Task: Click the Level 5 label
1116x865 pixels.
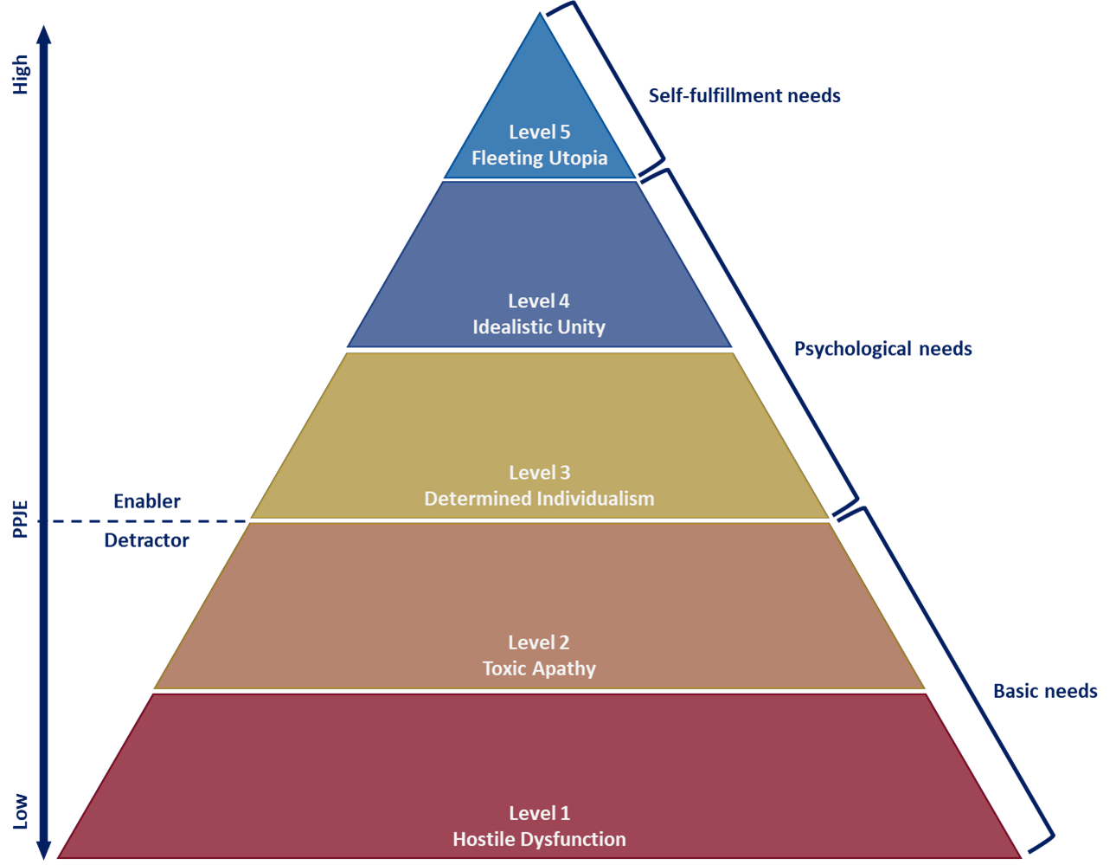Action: tap(539, 132)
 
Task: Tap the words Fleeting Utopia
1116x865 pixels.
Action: tap(539, 158)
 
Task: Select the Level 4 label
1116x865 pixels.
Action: tap(538, 301)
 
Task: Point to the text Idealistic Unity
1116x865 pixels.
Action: tap(538, 327)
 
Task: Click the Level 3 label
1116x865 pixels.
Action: tap(539, 473)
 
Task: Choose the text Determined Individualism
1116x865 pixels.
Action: tap(539, 499)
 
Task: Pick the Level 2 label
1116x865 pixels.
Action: tap(538, 642)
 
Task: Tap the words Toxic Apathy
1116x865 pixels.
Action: tap(539, 668)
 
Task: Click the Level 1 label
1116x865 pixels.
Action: tap(539, 813)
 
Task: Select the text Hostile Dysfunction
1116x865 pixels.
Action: tap(539, 839)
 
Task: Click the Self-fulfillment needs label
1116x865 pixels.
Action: tap(744, 96)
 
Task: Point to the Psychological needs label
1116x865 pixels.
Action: tap(882, 349)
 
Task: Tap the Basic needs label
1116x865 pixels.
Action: tap(1045, 691)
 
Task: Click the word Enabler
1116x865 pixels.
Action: tap(147, 501)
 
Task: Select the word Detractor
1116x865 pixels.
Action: tap(146, 540)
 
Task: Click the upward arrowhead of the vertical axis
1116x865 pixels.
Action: tap(44, 35)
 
